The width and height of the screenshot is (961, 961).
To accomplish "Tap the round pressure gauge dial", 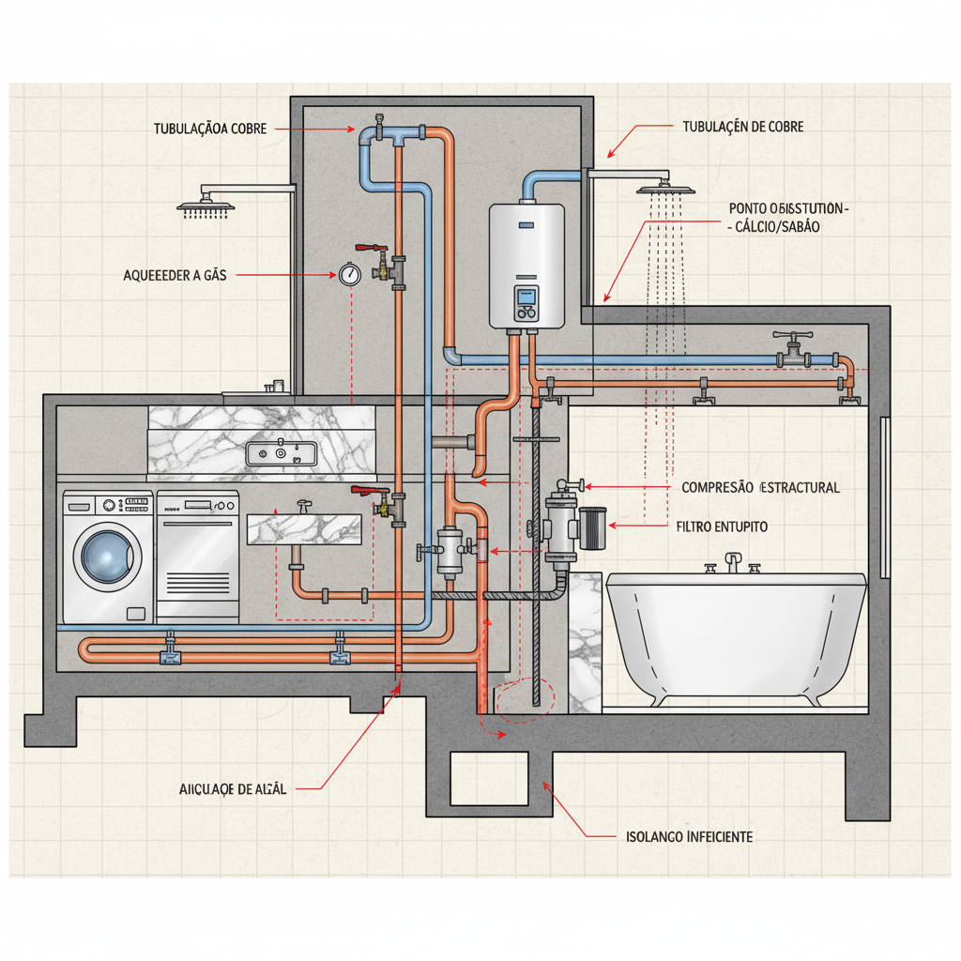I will [349, 274].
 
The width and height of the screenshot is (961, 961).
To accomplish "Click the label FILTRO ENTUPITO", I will [722, 527].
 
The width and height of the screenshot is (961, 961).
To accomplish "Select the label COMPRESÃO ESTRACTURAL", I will [760, 487].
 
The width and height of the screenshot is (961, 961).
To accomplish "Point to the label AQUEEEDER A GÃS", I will [175, 275].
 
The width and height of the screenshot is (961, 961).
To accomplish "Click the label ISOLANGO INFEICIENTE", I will [689, 836].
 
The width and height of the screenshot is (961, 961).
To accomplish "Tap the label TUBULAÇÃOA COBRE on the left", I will [210, 129].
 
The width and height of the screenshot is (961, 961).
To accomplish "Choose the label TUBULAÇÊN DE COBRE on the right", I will [739, 127].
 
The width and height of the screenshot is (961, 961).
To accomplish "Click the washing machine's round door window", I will [105, 554].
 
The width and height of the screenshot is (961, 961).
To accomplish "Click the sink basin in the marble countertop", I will [282, 454].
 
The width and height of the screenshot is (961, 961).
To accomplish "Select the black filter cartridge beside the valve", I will [593, 530].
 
